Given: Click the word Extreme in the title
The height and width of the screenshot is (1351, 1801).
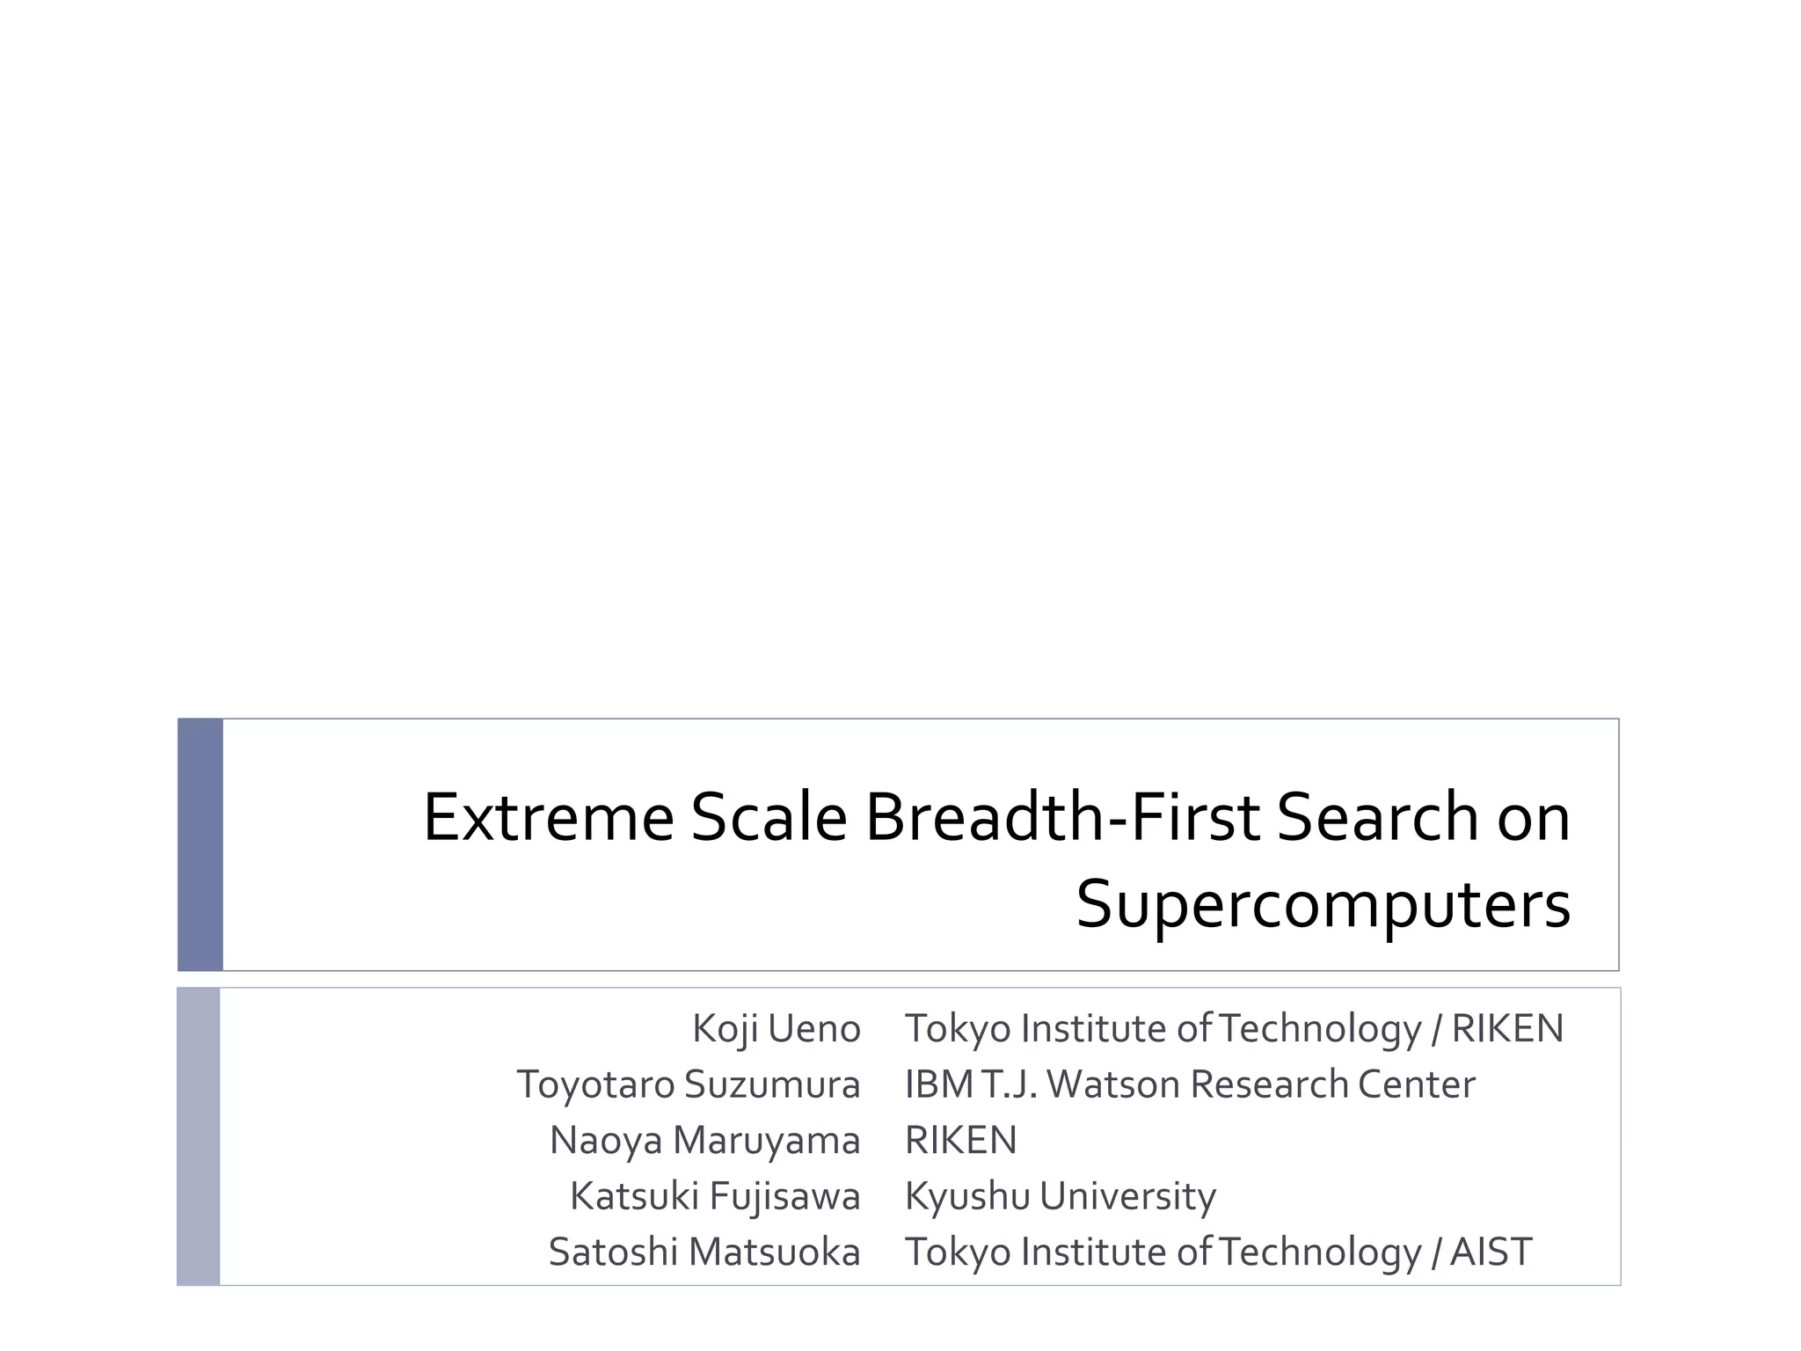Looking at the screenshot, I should pos(548,817).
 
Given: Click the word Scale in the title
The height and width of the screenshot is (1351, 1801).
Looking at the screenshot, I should pos(769,817).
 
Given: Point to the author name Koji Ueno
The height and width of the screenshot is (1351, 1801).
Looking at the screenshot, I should pos(776,1028).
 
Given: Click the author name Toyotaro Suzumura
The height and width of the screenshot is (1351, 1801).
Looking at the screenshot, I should pos(688,1084).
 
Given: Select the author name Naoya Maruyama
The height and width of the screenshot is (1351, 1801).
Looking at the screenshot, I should pos(704,1140).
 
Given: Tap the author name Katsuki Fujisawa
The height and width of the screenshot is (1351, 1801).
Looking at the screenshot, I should pos(714,1196).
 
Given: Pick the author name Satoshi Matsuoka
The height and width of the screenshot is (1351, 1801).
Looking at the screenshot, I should pos(704,1252).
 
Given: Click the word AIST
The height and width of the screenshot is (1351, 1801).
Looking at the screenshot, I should pos(1491,1252).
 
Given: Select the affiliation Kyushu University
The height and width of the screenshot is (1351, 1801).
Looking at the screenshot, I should pos(1060,1196).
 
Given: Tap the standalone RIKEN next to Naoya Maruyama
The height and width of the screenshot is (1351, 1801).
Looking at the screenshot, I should pos(960,1140).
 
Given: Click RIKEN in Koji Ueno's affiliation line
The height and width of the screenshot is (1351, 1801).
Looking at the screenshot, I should pos(1507,1028).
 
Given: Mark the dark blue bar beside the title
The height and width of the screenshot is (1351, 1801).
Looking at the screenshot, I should pos(201,844).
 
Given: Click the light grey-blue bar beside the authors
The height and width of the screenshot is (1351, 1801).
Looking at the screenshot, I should pos(199,1136).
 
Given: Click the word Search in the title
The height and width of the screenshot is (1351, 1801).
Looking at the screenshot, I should pos(1378,817).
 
